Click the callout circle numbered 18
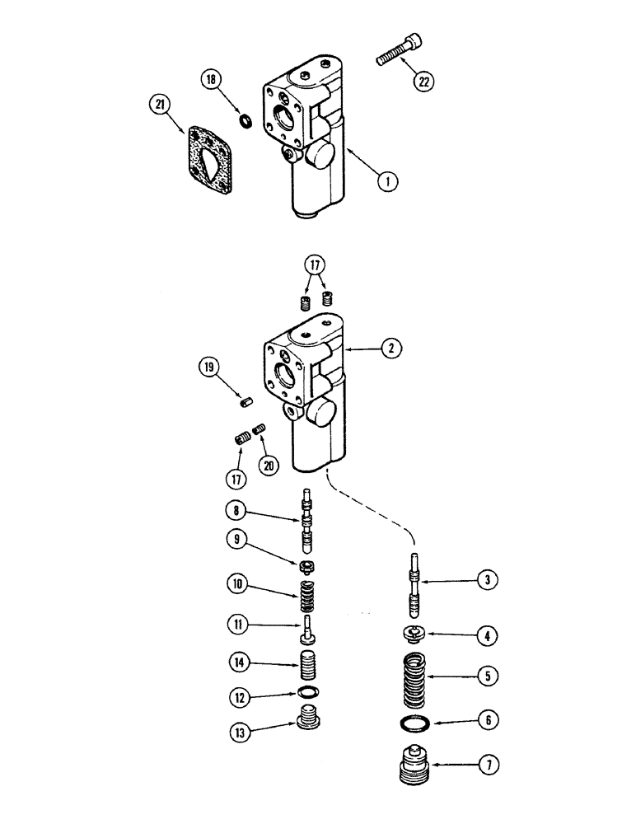pyautogui.click(x=210, y=81)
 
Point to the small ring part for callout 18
pyautogui.click(x=245, y=121)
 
